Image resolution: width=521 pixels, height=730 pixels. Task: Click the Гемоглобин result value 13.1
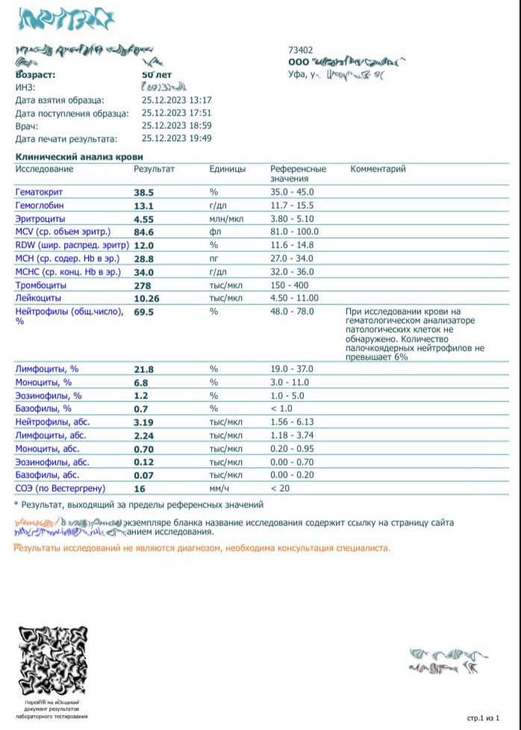click(x=143, y=206)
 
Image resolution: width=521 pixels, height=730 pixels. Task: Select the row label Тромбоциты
click(x=41, y=285)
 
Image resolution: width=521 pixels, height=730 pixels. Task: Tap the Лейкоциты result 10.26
click(x=148, y=299)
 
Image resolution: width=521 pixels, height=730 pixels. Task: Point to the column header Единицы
click(x=228, y=169)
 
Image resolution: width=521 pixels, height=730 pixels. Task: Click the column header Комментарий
click(x=378, y=169)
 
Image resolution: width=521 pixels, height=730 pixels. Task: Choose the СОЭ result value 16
click(x=139, y=489)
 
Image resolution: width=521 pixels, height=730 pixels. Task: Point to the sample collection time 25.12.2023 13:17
click(x=177, y=100)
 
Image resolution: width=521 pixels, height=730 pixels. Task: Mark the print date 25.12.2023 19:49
click(x=177, y=139)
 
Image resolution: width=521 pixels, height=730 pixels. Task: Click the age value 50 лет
click(x=157, y=75)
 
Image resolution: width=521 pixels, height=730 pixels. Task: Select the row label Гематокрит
click(x=40, y=193)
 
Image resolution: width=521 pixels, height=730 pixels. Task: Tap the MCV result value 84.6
click(x=144, y=232)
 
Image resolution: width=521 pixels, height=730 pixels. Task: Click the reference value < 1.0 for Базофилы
click(x=283, y=409)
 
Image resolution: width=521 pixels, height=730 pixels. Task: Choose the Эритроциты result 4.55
click(x=143, y=219)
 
